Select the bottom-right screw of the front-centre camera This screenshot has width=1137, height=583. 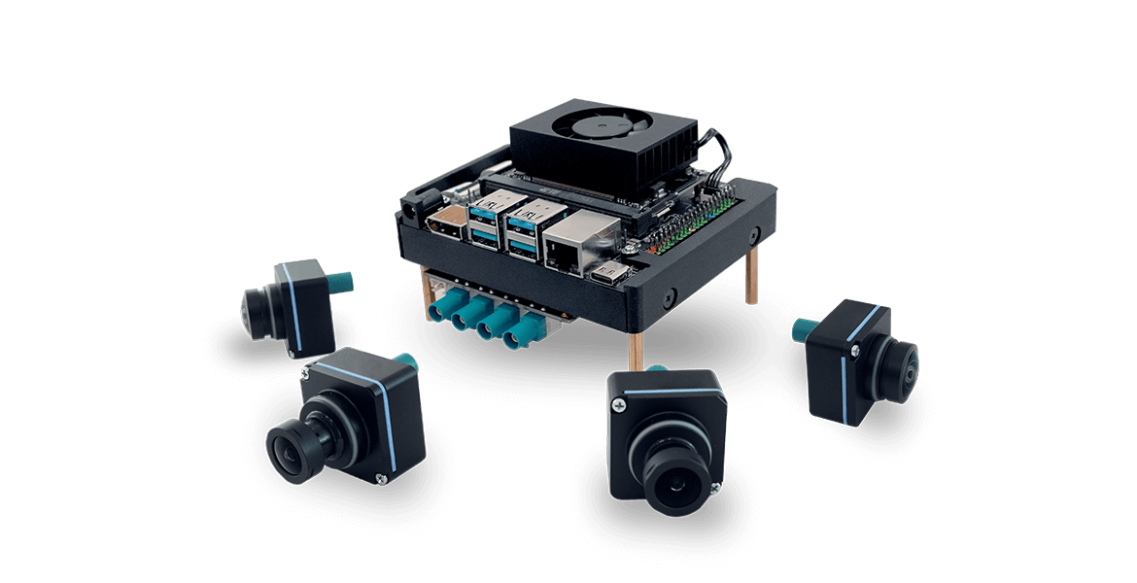[718, 465]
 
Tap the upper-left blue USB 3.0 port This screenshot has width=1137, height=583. [484, 208]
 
